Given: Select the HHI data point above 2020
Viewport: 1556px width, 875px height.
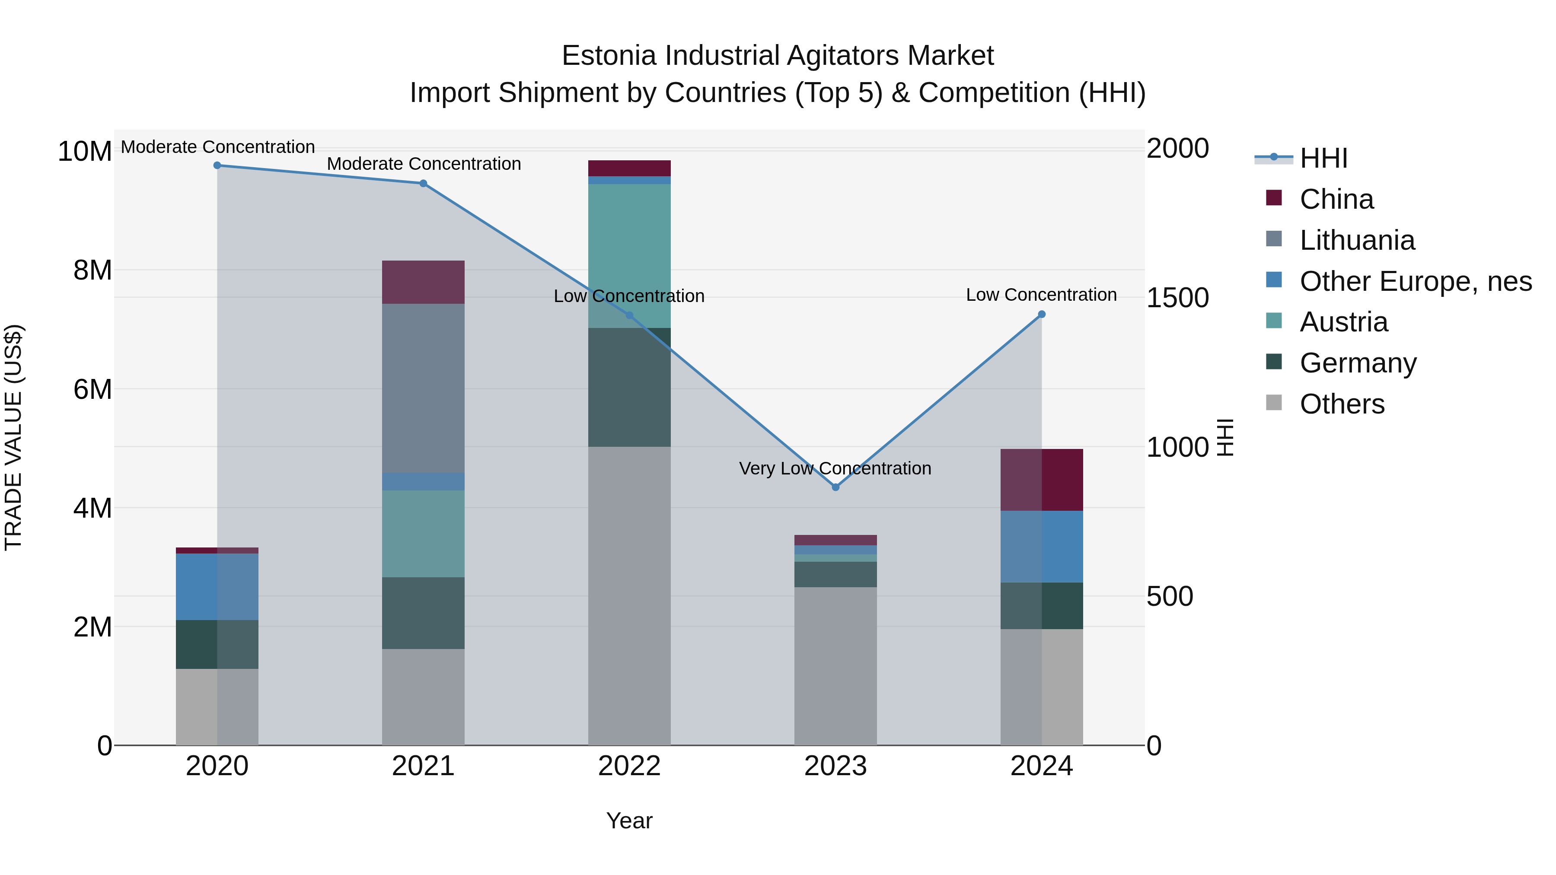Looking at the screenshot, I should point(217,165).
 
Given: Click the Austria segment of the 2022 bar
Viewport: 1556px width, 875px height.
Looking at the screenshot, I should point(629,256).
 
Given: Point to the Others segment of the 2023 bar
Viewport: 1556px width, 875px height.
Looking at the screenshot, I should point(835,665).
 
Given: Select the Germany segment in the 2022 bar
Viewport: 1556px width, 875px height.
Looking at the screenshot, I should point(629,387).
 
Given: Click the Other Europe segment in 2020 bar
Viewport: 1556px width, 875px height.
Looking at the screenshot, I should point(217,586).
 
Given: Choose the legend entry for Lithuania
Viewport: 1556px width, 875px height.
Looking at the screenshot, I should point(1357,240).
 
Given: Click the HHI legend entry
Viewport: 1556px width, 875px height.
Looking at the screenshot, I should point(1323,158).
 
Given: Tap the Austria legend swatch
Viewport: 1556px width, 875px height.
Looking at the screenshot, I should point(1274,321).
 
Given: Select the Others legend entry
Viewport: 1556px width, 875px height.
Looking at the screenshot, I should point(1342,404).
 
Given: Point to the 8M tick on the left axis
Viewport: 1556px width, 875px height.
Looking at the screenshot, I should point(92,270).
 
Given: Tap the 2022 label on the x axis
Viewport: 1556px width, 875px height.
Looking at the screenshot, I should point(629,766).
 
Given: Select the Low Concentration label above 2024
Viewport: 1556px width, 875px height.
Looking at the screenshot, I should point(1041,295).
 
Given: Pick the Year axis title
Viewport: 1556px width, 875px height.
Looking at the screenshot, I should point(629,821).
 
